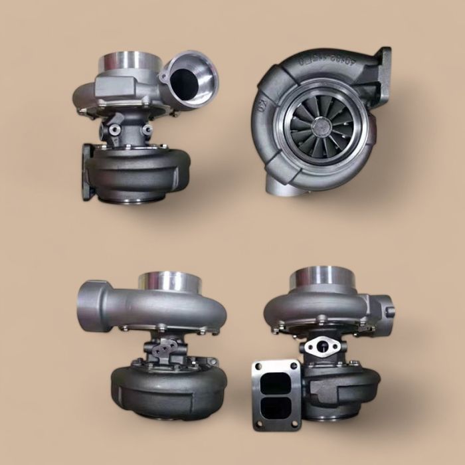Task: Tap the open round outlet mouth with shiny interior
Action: tap(189, 80)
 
